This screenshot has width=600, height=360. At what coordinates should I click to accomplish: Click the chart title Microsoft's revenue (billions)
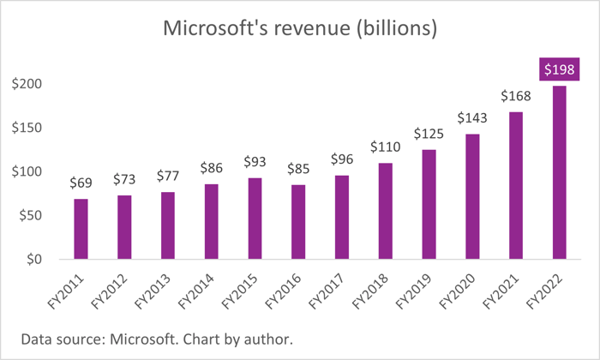tap(300, 30)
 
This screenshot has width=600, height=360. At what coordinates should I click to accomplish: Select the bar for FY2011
tap(81, 228)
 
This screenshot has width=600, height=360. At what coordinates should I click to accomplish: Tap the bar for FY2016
tap(298, 221)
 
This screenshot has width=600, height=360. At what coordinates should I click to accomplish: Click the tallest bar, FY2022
tap(559, 171)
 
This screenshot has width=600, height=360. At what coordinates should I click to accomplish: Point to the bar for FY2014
tap(212, 220)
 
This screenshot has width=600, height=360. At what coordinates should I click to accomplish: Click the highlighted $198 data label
tap(559, 69)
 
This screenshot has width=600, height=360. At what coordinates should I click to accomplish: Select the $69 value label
tap(81, 183)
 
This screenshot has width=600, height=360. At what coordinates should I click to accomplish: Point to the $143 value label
tap(472, 117)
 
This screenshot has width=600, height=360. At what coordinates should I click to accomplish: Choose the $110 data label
tap(385, 147)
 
